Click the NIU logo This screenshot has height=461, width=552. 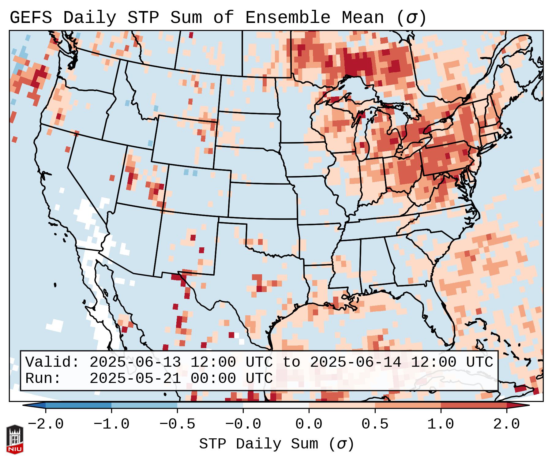point(15,439)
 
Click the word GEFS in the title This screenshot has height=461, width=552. point(31,18)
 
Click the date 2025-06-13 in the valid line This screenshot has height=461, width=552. point(135,362)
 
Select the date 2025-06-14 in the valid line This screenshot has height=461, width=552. point(355,362)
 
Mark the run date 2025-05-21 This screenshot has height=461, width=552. point(135,379)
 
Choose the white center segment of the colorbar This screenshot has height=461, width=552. point(276,405)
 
